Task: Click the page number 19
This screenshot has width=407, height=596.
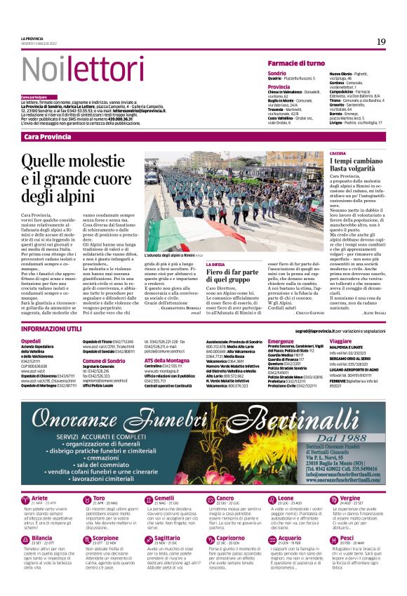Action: click(381, 41)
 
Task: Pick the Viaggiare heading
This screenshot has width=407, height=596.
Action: click(340, 340)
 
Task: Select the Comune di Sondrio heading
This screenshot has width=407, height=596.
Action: click(104, 360)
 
